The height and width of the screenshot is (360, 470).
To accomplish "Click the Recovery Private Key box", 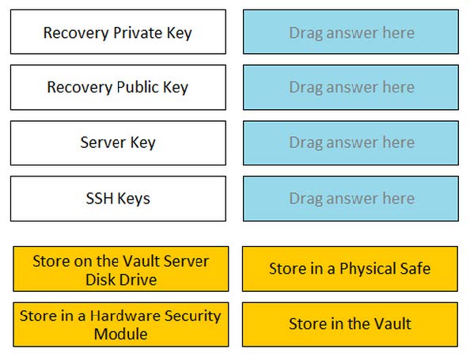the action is pos(118,32).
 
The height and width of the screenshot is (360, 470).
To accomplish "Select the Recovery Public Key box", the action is pos(118,87).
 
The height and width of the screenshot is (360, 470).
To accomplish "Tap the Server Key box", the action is pos(118,143).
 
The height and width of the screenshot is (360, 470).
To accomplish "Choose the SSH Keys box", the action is pos(118,199).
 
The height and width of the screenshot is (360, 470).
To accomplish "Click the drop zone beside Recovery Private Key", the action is pos(351,32).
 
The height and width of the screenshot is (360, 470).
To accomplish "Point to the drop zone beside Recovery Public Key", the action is pos(351,87).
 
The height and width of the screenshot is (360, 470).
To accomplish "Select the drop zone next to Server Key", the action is pos(351,143).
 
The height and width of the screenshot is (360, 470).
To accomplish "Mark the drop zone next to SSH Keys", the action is pos(351,199).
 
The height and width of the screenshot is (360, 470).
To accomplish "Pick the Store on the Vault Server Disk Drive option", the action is pos(121,269).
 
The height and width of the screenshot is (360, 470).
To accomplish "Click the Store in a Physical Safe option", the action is pos(350,269).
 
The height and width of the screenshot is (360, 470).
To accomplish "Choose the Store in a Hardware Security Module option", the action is pos(121,324).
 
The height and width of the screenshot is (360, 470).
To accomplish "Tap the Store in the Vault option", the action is pos(350,324).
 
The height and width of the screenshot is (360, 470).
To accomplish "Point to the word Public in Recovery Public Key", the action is pos(138,87).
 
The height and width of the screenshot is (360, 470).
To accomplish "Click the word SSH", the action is pos(100,198).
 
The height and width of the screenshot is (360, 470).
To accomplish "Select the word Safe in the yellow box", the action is pos(417,268).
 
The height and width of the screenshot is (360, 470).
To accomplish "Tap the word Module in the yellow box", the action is pos(120,334).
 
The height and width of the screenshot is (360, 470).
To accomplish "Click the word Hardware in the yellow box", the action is pos(125,316).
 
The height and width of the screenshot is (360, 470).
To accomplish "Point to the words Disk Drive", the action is pos(121,279).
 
